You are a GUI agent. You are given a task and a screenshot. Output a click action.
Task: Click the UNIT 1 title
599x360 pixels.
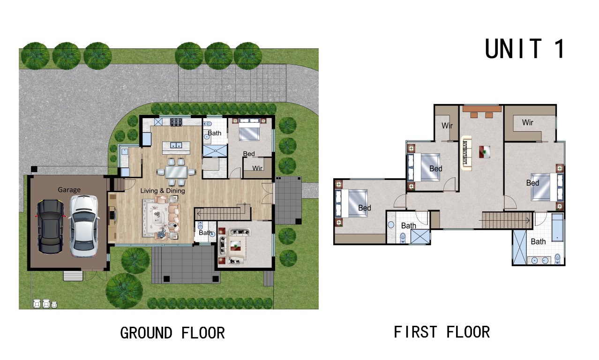(x=524, y=48)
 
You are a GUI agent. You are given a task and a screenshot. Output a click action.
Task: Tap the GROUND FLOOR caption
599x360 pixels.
(x=172, y=333)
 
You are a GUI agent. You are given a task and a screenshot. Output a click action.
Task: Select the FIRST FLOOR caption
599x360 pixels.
(x=442, y=332)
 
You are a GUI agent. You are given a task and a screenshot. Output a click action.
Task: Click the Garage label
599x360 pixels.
(x=69, y=190)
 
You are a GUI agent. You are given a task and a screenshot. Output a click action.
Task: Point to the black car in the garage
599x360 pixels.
(x=51, y=226)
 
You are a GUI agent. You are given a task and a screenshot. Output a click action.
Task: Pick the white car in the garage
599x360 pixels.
(x=84, y=226)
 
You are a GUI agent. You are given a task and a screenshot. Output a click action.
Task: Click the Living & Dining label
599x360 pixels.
(x=163, y=191)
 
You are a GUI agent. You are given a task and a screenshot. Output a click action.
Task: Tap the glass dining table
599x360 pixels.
(x=176, y=172)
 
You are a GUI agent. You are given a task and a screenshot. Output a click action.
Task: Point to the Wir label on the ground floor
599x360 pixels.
(x=257, y=168)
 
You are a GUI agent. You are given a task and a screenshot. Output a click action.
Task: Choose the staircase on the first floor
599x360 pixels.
(x=507, y=220)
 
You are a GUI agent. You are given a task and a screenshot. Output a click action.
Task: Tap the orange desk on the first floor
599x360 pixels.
(x=482, y=109)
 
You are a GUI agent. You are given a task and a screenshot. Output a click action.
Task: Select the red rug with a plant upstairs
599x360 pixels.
(x=485, y=152)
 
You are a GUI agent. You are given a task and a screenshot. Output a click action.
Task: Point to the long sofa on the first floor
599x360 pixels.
(x=466, y=153)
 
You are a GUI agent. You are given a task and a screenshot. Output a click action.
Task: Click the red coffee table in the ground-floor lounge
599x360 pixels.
(x=236, y=247)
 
